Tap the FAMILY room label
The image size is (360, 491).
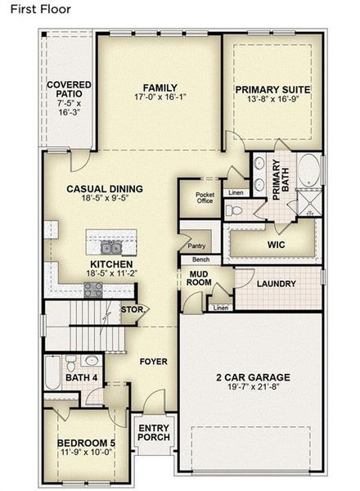160,88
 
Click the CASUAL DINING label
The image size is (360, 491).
105,189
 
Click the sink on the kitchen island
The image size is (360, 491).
111,247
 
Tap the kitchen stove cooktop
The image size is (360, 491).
92,287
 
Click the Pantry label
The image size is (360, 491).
196,245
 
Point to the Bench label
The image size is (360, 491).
200,259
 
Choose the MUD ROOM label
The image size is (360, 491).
200,277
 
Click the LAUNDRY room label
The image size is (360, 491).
276,284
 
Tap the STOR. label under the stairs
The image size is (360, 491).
131,310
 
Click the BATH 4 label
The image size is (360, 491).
82,378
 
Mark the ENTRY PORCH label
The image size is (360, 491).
154,432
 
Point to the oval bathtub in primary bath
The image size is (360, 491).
309,173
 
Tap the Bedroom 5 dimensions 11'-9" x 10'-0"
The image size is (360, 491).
85,450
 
